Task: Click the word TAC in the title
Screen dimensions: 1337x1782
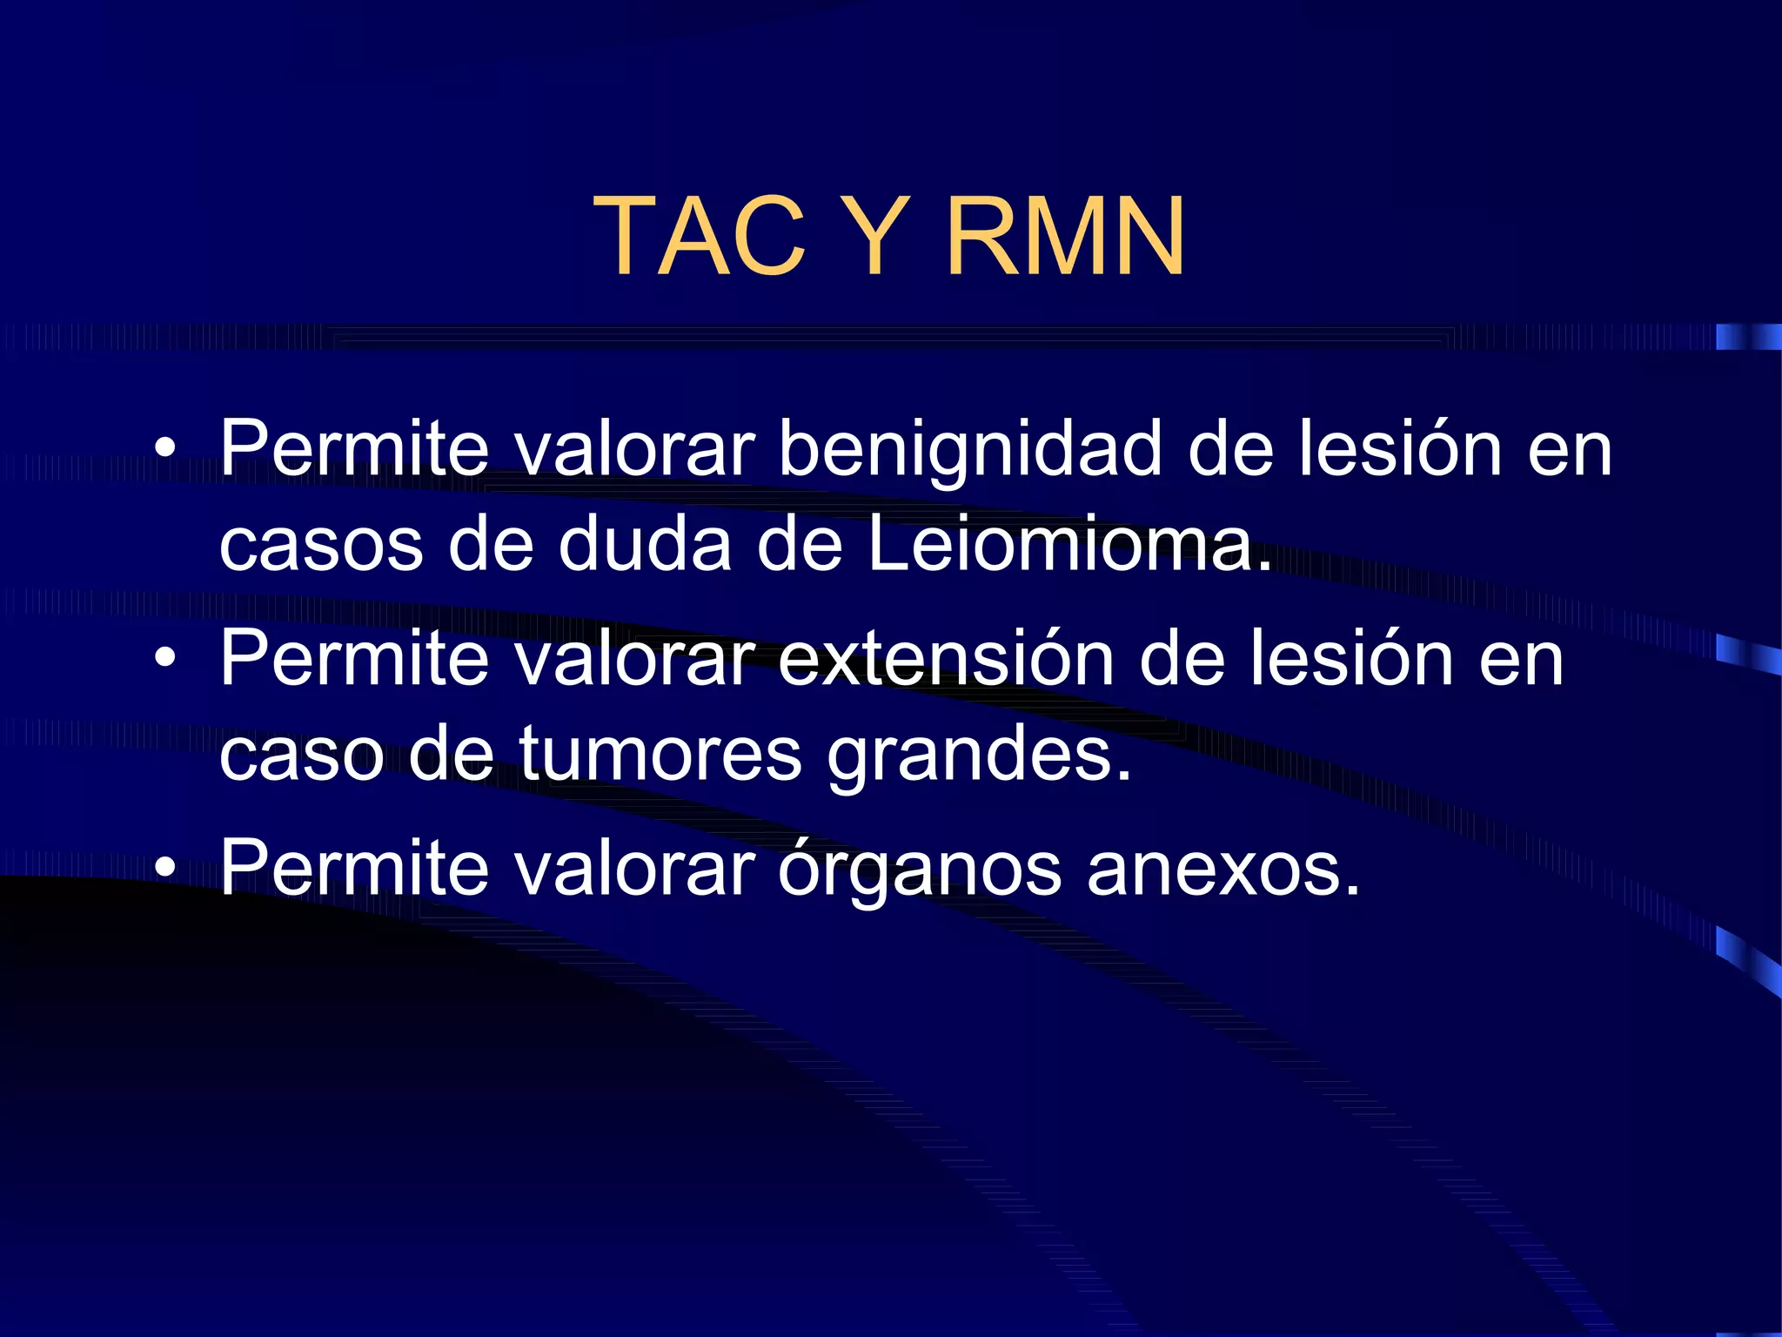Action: coord(700,236)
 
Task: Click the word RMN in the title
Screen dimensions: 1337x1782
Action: coord(1065,236)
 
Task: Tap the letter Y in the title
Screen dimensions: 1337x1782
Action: coord(875,236)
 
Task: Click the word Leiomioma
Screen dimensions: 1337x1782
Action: coord(1069,546)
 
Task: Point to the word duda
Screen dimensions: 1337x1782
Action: coord(645,546)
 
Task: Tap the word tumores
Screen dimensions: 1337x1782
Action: coord(660,754)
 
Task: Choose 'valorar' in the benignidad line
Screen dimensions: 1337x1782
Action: coord(634,450)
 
